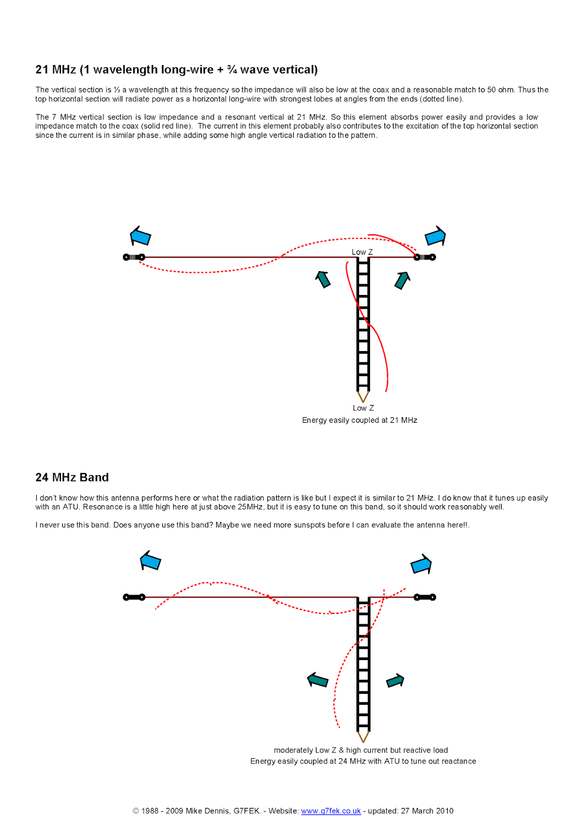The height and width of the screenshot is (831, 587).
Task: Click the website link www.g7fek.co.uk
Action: click(x=331, y=811)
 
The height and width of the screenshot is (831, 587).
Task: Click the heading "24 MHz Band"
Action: click(x=72, y=477)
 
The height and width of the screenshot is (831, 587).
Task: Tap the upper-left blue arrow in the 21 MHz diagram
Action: click(x=140, y=236)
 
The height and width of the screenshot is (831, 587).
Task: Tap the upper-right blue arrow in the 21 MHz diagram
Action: click(x=435, y=236)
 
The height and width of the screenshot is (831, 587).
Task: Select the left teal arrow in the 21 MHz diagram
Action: click(x=323, y=279)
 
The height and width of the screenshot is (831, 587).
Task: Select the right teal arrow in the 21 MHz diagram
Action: click(x=402, y=280)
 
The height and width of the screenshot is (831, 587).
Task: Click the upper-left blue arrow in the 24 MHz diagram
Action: click(x=151, y=561)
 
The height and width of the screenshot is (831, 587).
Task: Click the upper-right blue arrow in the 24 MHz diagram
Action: click(x=421, y=564)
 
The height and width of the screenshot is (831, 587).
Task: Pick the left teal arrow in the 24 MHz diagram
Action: click(x=318, y=680)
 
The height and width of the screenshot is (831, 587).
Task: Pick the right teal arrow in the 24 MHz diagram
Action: click(x=395, y=680)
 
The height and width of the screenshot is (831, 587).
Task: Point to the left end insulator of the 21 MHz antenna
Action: click(x=134, y=257)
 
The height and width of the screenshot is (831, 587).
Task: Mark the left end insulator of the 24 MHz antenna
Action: click(x=134, y=597)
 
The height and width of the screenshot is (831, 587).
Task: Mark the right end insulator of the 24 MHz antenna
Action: click(x=425, y=597)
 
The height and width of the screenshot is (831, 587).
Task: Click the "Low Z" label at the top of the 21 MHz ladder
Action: click(x=362, y=252)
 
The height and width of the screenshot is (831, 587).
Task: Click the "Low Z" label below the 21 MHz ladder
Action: click(x=363, y=408)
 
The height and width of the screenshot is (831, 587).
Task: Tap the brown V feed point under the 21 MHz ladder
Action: click(x=363, y=396)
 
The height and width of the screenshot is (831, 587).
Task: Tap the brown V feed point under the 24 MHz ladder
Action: click(x=363, y=736)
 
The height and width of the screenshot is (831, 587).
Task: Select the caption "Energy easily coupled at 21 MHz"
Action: click(x=360, y=420)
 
